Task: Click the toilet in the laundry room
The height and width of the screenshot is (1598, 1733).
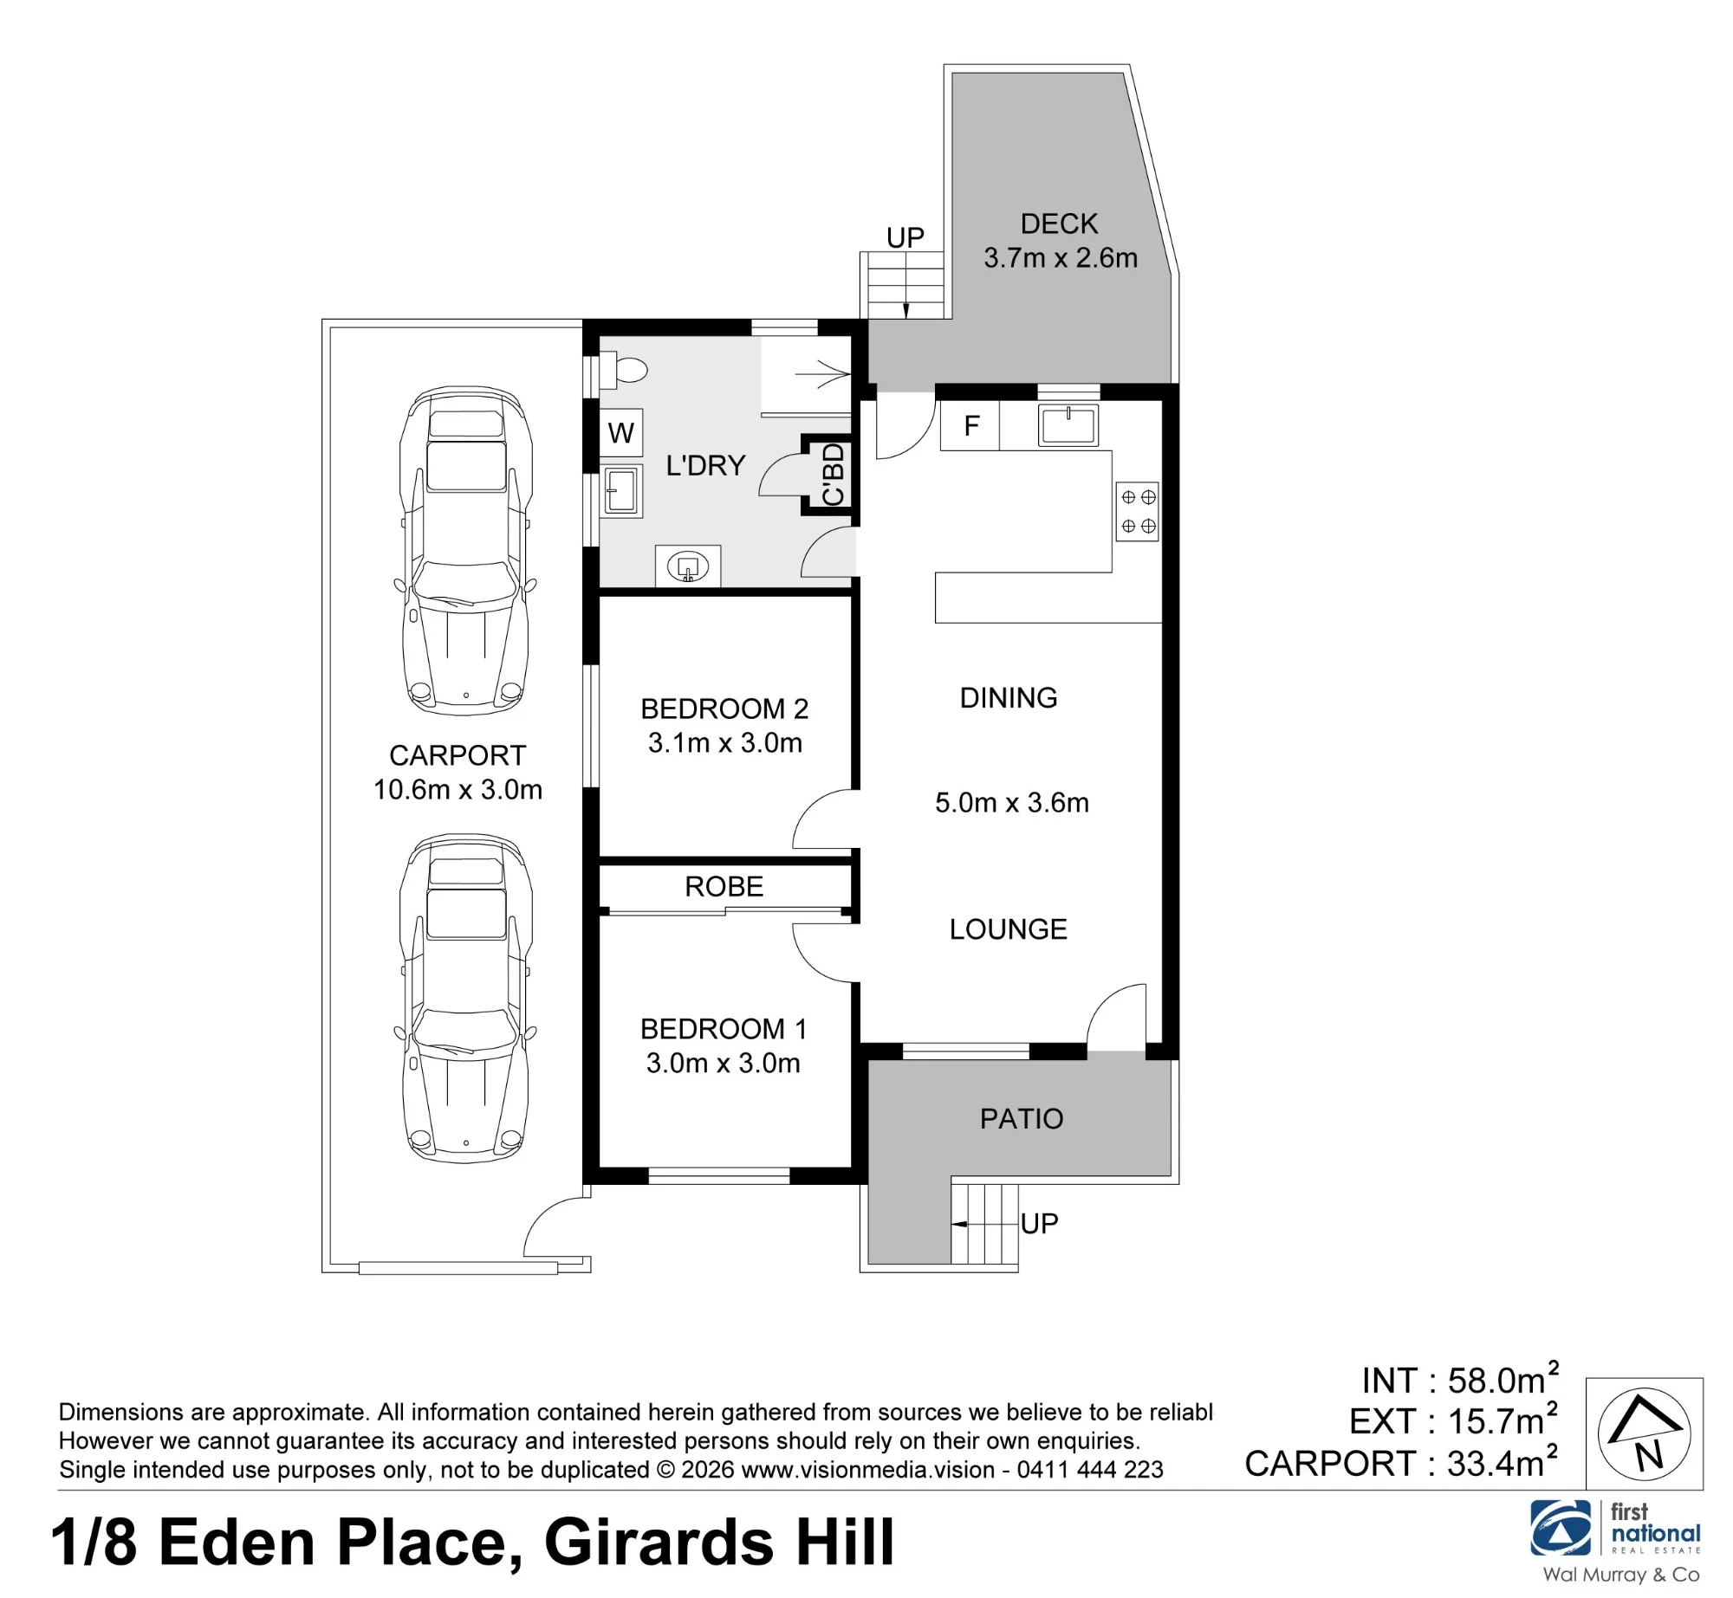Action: point(624,370)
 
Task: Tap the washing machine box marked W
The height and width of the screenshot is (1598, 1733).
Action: point(621,432)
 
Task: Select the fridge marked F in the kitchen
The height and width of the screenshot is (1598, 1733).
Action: point(970,425)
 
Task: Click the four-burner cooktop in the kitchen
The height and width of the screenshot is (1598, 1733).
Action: point(1138,512)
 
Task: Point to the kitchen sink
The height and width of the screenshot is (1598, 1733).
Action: point(1068,425)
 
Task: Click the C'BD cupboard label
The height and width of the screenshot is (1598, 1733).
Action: point(833,475)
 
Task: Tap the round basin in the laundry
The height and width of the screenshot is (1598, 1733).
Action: point(688,567)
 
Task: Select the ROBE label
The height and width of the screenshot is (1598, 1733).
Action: point(724,887)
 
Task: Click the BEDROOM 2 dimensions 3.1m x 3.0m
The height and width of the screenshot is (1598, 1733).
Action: point(725,743)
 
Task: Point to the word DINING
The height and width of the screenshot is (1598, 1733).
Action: point(1009,698)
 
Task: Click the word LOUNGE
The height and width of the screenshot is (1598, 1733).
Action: point(1009,929)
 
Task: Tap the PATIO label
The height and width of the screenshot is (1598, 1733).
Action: point(1022,1119)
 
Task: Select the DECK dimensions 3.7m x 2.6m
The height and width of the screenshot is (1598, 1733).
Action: point(1061,258)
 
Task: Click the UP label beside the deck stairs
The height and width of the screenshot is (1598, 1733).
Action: point(905,237)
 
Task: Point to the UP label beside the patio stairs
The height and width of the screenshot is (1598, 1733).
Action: point(1040,1224)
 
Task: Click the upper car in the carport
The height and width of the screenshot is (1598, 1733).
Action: point(466,551)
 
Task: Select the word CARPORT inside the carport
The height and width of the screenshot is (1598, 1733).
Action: point(458,756)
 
